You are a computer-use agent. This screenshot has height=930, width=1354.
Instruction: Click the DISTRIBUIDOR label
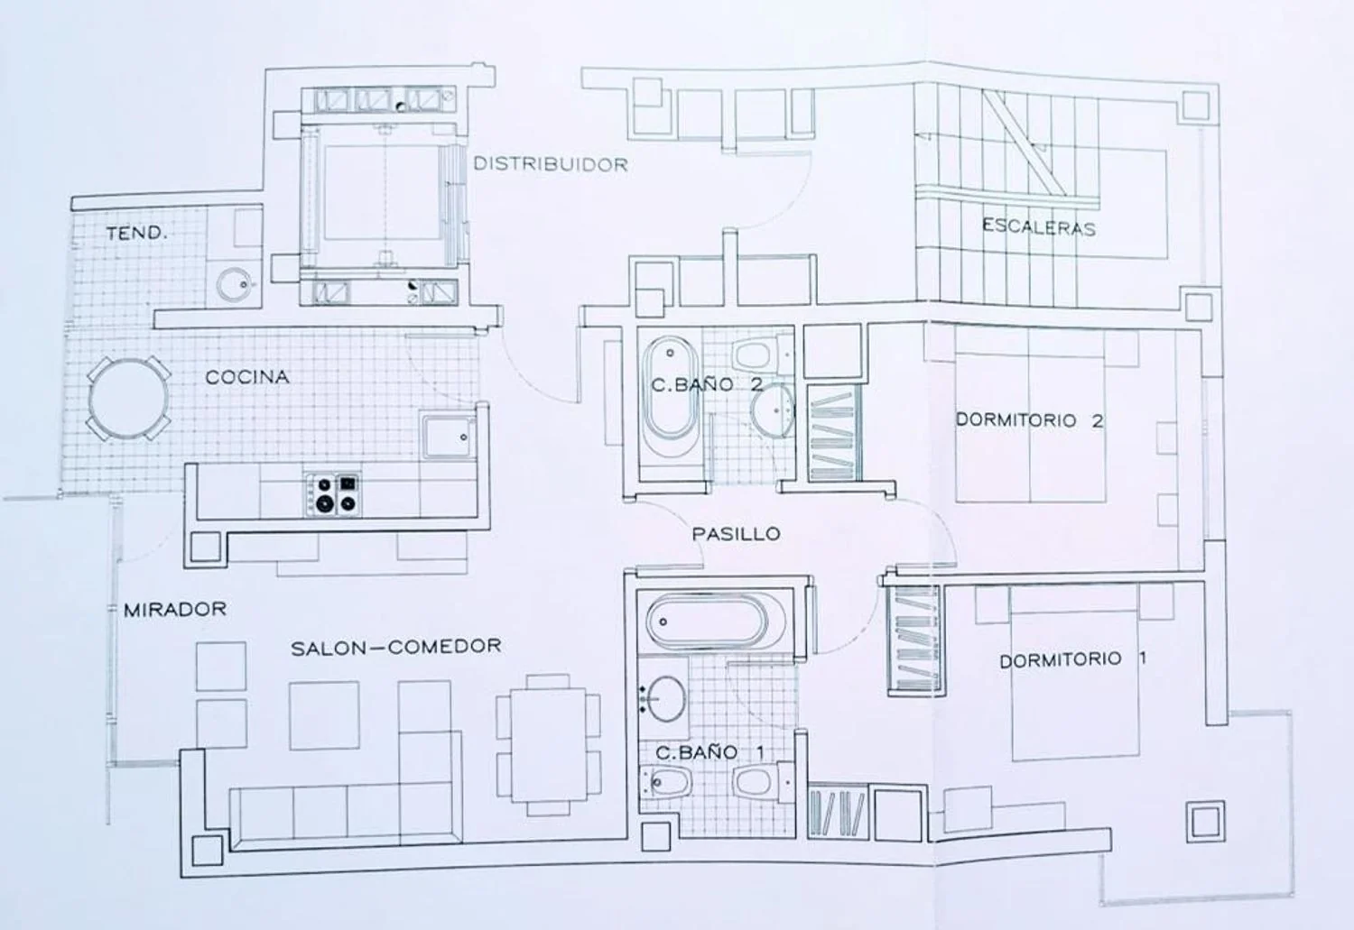[x=551, y=164]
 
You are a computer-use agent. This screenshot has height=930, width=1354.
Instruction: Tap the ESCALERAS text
[x=1038, y=227]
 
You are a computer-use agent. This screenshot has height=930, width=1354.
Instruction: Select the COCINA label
[x=247, y=377]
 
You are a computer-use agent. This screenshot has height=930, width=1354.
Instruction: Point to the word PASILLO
[x=736, y=534]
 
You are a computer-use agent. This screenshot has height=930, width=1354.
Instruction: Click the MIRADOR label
[x=175, y=610]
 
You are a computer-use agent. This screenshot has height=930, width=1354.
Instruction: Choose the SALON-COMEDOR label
[x=396, y=648]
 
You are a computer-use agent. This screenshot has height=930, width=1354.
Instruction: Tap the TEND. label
[x=136, y=233]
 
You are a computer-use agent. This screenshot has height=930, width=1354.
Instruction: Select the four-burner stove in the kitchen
[x=333, y=494]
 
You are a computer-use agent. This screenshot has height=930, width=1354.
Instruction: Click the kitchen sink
[x=449, y=437]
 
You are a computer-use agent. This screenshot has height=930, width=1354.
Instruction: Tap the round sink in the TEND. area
[x=235, y=284]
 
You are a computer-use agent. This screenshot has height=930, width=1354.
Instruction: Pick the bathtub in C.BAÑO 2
[x=670, y=388]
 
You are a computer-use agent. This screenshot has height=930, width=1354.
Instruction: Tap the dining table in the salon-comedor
[x=549, y=744]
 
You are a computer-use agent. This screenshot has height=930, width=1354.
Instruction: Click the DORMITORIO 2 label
[x=1030, y=419]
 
